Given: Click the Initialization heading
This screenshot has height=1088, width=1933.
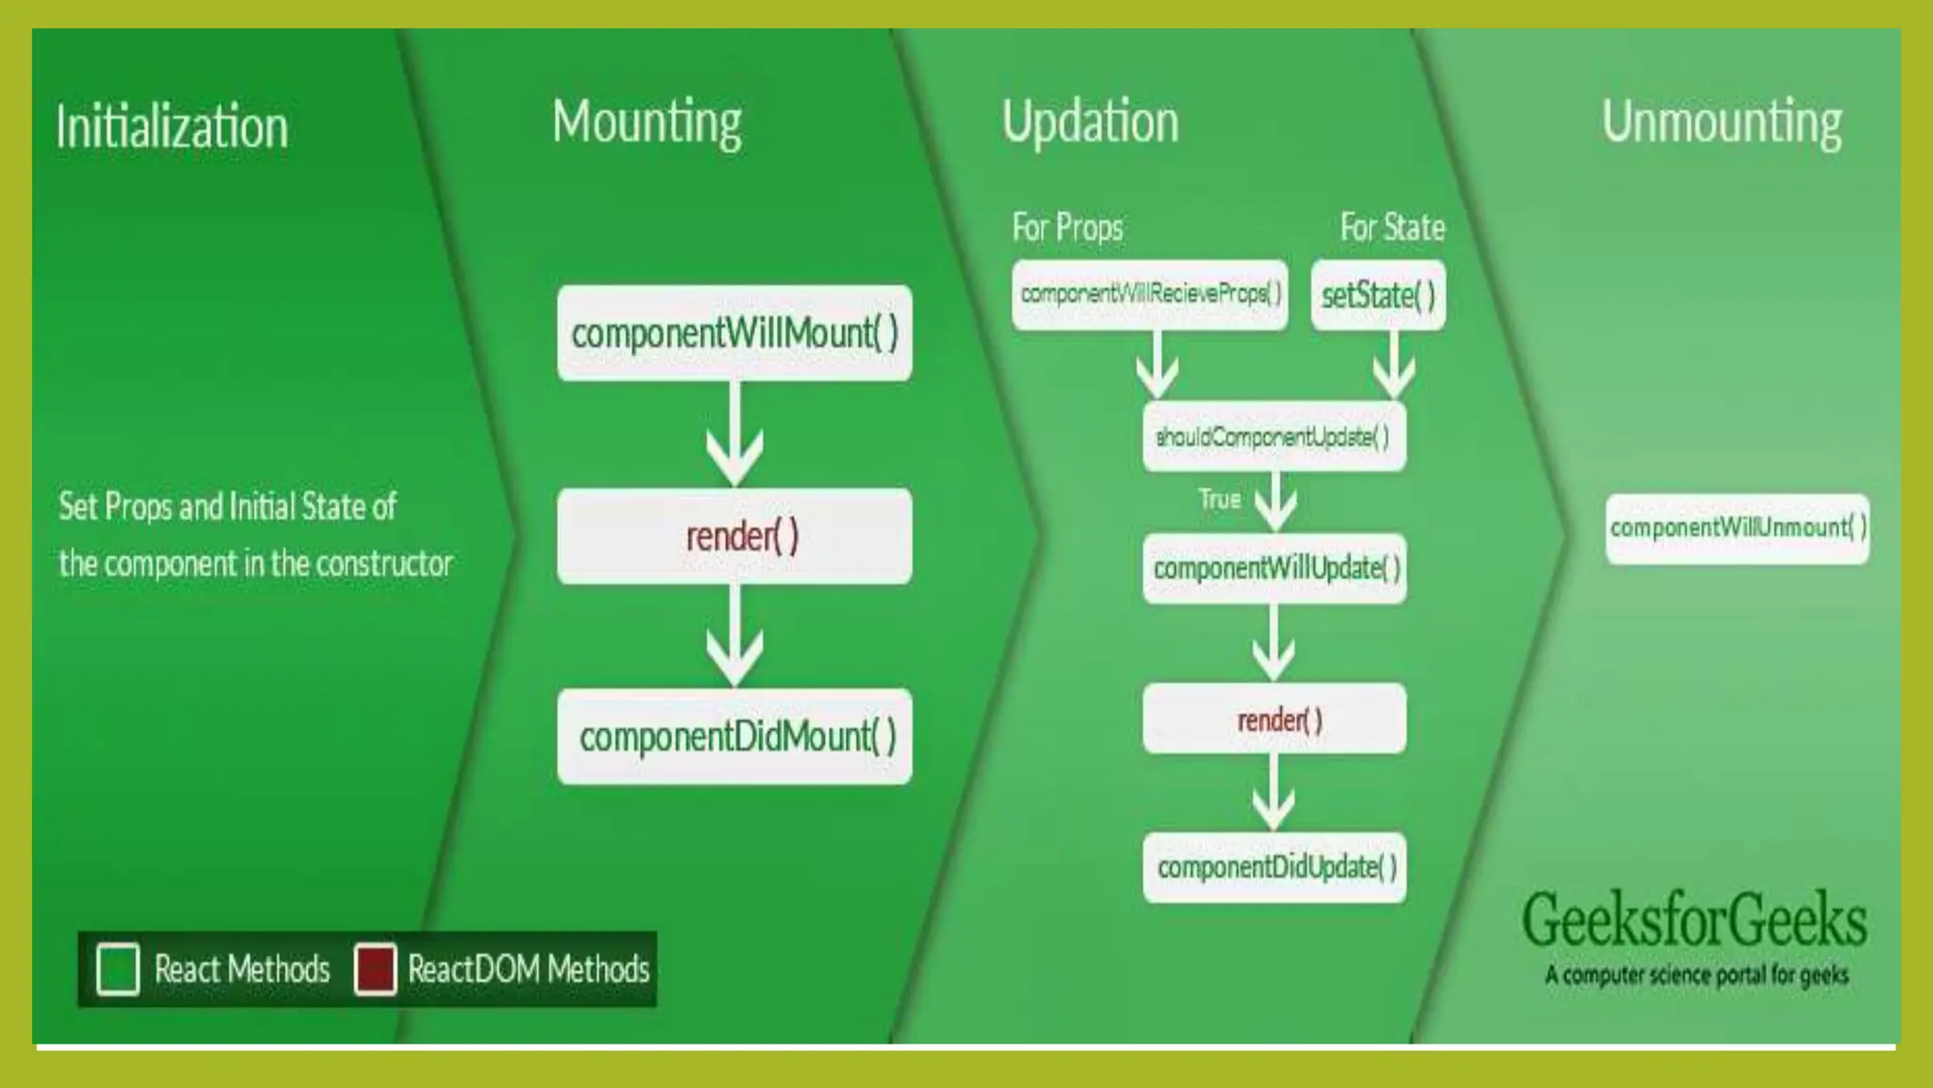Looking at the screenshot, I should (172, 127).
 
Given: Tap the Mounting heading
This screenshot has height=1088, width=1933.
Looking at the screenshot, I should (647, 123).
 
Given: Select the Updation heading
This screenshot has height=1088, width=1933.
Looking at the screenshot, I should (1090, 123).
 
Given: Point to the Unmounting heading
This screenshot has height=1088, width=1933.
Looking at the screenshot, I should (1722, 123).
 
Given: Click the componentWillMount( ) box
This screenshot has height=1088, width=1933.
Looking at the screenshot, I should (734, 333).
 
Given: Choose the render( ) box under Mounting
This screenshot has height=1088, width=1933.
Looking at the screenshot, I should (734, 536).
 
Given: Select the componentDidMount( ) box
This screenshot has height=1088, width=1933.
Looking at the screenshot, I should (734, 737).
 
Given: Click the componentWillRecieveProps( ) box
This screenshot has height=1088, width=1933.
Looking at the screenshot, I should (1150, 295).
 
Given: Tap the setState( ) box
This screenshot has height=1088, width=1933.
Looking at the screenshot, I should (1378, 296).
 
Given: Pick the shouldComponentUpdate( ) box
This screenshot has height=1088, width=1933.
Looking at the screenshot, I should (1274, 436).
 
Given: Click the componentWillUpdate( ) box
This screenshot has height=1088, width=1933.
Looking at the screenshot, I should (1274, 569).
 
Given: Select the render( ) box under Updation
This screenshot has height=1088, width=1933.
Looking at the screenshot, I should (1274, 720).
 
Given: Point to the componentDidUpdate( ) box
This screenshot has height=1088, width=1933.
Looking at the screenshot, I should (1274, 867).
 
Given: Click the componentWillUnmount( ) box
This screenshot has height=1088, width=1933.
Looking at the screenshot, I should (1737, 528).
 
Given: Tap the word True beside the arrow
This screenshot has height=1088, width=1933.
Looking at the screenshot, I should (1219, 499).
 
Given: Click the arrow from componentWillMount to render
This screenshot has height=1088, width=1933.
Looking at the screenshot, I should (734, 434).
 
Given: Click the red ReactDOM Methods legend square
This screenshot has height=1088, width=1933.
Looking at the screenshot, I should (375, 969).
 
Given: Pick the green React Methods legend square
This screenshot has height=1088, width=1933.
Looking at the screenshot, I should (118, 969).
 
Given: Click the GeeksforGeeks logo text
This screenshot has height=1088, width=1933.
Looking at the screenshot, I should (1694, 920).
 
